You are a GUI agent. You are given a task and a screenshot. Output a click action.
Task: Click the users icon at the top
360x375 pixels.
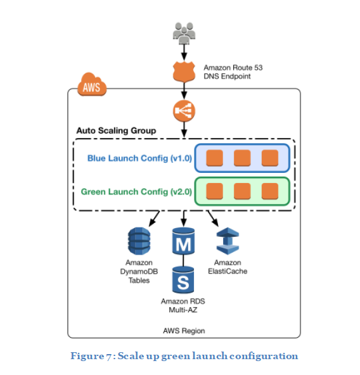tap(184, 32)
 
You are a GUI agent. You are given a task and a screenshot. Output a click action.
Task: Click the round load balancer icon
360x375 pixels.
tap(184, 111)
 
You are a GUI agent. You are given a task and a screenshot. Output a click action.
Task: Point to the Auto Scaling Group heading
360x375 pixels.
tap(116, 130)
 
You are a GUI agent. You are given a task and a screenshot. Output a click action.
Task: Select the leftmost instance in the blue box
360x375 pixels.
tap(215, 158)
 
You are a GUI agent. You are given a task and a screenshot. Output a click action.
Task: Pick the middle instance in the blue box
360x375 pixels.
tap(242, 158)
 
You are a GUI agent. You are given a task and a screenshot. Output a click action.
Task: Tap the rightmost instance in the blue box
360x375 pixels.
tap(269, 158)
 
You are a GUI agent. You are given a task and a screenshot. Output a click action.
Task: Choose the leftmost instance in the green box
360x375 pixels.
tap(215, 191)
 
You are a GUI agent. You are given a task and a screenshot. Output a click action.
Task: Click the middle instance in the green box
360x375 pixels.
tap(242, 191)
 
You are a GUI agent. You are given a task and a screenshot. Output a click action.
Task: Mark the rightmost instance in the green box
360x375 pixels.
tap(269, 191)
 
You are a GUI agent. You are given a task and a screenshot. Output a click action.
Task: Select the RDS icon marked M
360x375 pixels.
tap(184, 243)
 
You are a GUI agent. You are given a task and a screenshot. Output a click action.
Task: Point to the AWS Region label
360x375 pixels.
tap(184, 331)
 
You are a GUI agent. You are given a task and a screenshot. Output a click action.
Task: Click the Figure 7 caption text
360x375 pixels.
tap(184, 356)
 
